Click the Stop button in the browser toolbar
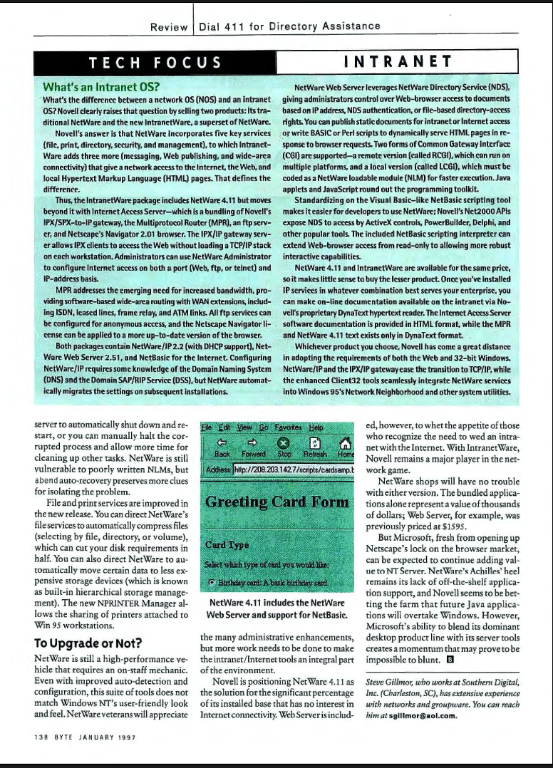tap(284, 448)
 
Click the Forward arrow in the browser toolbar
tap(252, 448)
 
